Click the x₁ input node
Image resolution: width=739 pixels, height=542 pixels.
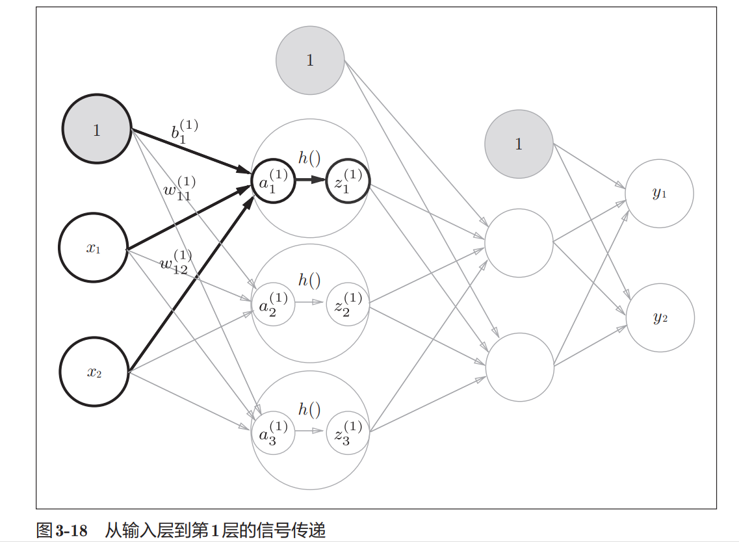coord(93,248)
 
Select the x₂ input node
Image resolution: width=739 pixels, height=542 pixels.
coord(94,372)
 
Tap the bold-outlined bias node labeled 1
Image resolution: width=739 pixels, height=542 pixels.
coord(97,130)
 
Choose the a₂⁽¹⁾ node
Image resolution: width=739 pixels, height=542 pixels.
coord(274,303)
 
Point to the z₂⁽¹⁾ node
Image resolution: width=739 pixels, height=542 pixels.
coord(348,303)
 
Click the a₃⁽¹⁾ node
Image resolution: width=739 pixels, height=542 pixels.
coord(274,432)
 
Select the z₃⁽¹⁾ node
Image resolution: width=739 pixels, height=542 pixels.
coord(348,432)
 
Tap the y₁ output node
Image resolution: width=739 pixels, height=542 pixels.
coord(659,194)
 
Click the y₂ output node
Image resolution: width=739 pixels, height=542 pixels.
coord(660,318)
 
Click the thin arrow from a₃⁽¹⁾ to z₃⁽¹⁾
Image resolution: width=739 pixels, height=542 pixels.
coord(310,431)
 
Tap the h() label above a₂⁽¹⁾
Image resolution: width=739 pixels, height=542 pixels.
coord(309,280)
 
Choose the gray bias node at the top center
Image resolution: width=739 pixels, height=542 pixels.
coord(310,60)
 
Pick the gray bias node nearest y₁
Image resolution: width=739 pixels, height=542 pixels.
coord(518,144)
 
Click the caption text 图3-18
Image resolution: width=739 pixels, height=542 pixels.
coord(62,530)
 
